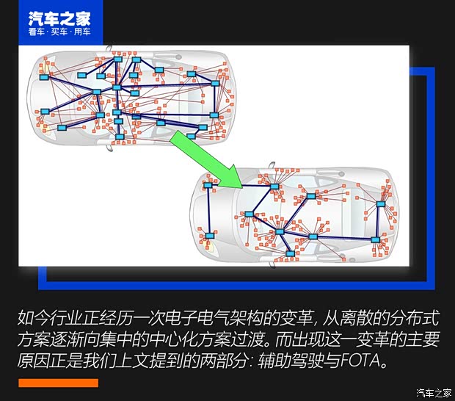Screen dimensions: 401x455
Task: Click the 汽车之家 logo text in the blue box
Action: (58, 18)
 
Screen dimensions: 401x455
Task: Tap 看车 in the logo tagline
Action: (36, 32)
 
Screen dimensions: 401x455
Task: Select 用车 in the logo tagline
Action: (81, 32)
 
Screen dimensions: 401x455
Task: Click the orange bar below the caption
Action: (58, 383)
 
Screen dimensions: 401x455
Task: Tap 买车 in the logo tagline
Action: (59, 32)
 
